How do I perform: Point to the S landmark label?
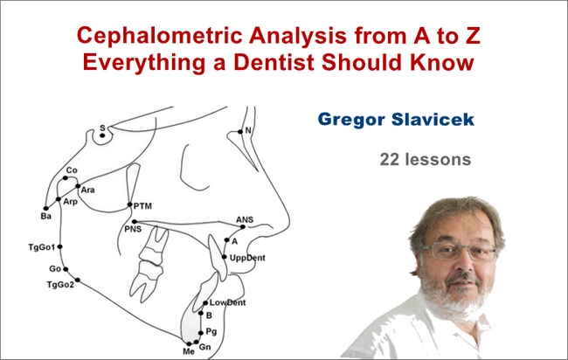[x=102, y=128]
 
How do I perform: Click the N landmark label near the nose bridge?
[x=248, y=132]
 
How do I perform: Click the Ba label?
[x=46, y=214]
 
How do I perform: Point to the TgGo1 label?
[x=41, y=247]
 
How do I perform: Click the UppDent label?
[x=247, y=259]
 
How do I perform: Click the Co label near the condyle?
[x=72, y=170]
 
